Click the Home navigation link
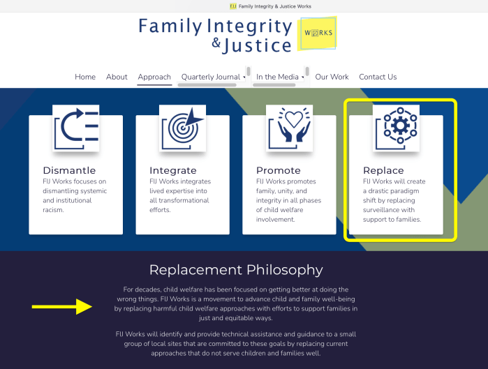[x=85, y=77]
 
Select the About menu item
[x=117, y=77]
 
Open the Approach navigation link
[x=154, y=77]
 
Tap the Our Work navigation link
[x=332, y=77]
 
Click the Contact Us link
[x=378, y=77]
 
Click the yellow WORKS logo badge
[x=317, y=33]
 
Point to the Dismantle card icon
[x=76, y=128]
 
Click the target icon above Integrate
[x=183, y=128]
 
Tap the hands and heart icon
[x=290, y=128]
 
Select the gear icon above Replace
[x=397, y=128]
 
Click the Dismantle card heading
[x=69, y=170]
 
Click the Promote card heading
[x=279, y=170]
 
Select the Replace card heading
[x=383, y=170]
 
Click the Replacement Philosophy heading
[x=236, y=270]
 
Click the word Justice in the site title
[x=258, y=46]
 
